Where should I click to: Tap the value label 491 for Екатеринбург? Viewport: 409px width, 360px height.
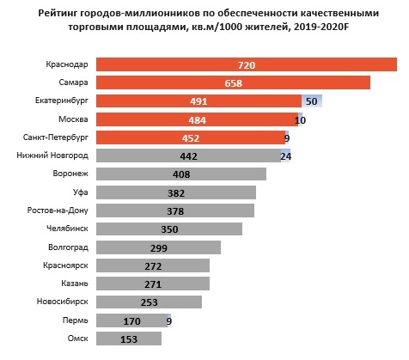(198, 101)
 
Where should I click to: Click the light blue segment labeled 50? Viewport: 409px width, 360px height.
(311, 101)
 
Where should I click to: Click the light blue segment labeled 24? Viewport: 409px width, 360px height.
(285, 156)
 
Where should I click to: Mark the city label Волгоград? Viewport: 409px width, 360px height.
(68, 247)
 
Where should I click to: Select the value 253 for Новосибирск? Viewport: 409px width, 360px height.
(149, 302)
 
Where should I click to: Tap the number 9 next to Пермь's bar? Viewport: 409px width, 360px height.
(169, 321)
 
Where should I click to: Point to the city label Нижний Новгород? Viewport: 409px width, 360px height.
(52, 156)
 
